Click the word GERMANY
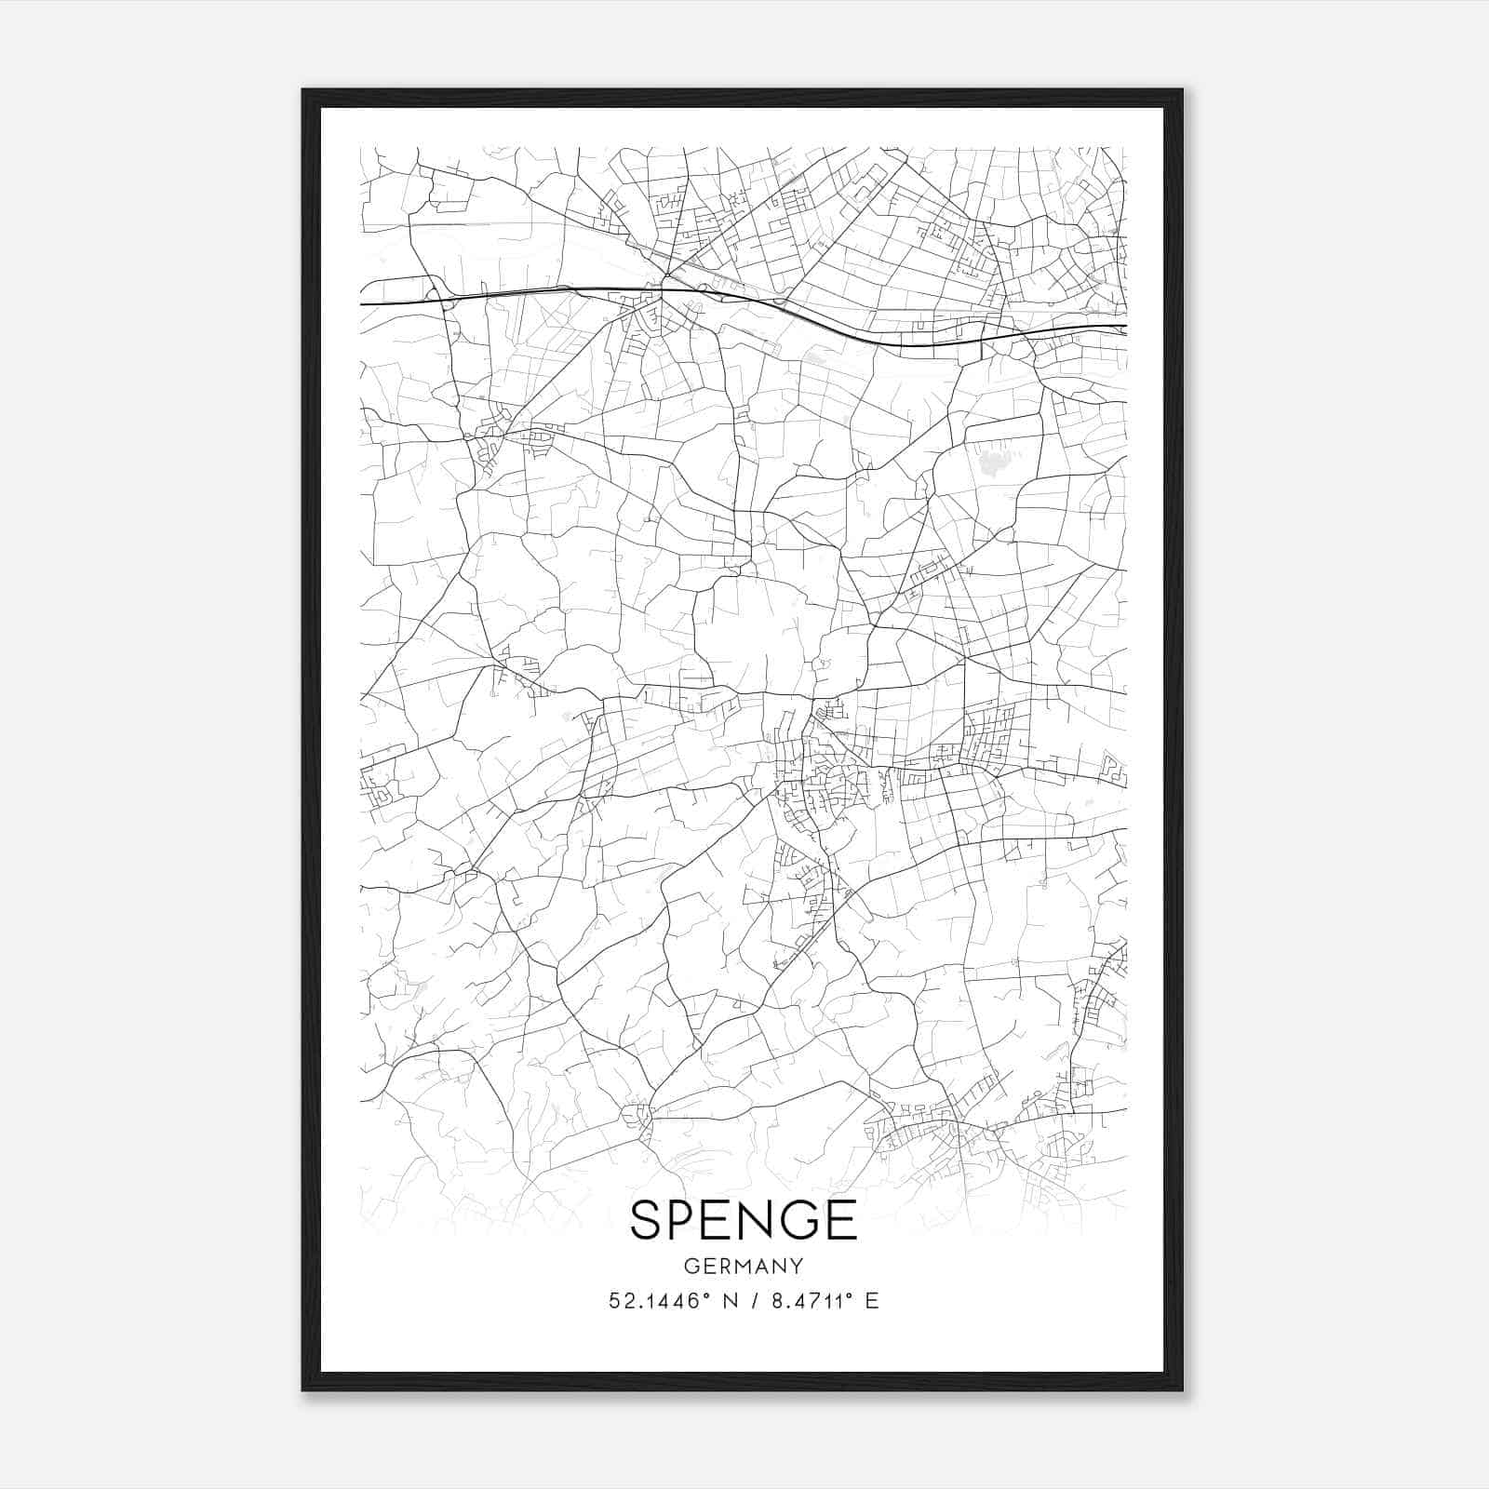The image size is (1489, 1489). pyautogui.click(x=744, y=1267)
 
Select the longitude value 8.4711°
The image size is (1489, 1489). pyautogui.click(x=812, y=1301)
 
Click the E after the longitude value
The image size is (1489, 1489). pyautogui.click(x=872, y=1301)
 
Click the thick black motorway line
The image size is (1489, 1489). pyautogui.click(x=558, y=290)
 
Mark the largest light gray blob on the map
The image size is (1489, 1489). pyautogui.click(x=994, y=463)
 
